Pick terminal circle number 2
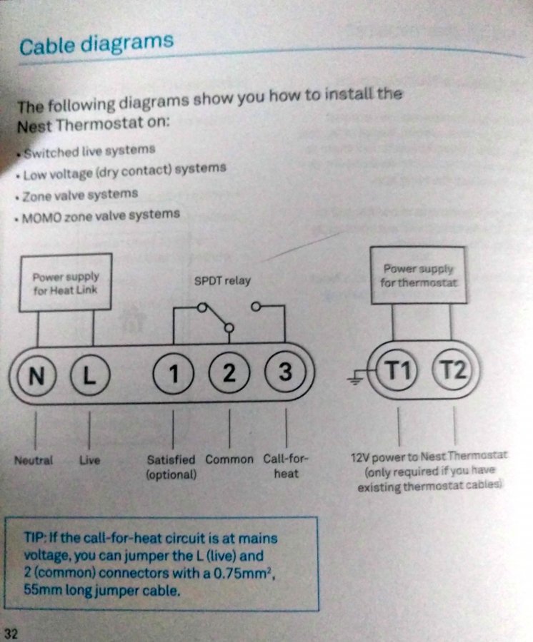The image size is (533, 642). (x=229, y=373)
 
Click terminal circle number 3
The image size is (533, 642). (x=285, y=372)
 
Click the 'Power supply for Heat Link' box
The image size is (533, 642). (x=65, y=282)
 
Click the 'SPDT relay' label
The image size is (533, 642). (x=222, y=280)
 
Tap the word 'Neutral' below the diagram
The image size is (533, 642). (x=34, y=460)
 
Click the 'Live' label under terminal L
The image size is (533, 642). (x=89, y=460)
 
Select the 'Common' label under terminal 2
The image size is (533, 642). (x=229, y=459)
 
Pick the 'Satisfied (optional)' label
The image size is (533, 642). (x=171, y=467)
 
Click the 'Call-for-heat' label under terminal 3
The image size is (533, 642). (x=286, y=465)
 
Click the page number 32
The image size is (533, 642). (x=11, y=633)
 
